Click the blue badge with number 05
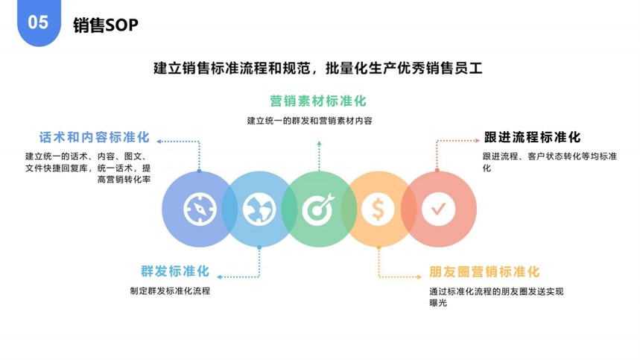tap(39, 22)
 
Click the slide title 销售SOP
tap(106, 25)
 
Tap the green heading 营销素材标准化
tap(318, 101)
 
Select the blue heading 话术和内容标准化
tap(95, 137)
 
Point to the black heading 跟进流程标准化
tap(532, 137)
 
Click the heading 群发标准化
tap(175, 271)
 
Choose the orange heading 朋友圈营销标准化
tap(484, 272)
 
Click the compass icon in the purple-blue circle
tap(200, 209)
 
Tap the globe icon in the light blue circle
tap(259, 209)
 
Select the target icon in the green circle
tap(318, 209)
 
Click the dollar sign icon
tap(378, 209)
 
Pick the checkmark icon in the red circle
tap(438, 209)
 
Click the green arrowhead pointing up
tap(319, 143)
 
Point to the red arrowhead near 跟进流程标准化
tap(477, 140)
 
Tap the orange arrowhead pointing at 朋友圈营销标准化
tap(419, 277)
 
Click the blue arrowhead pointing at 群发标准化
tap(219, 277)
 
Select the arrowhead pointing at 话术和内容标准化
tap(159, 141)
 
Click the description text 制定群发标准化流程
tap(170, 291)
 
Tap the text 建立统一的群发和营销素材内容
tap(309, 121)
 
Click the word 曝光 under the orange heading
tap(438, 303)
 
